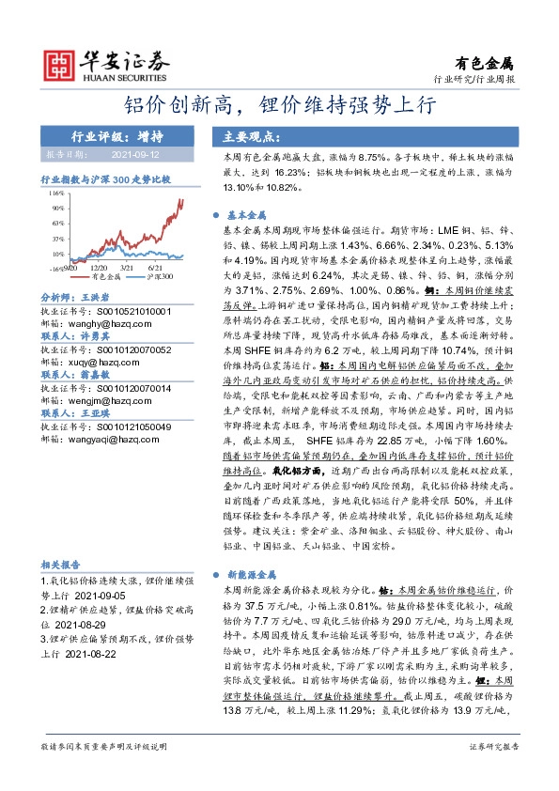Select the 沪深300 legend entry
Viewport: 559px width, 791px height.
pyautogui.click(x=164, y=277)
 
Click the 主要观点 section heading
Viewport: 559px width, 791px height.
pyautogui.click(x=247, y=134)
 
